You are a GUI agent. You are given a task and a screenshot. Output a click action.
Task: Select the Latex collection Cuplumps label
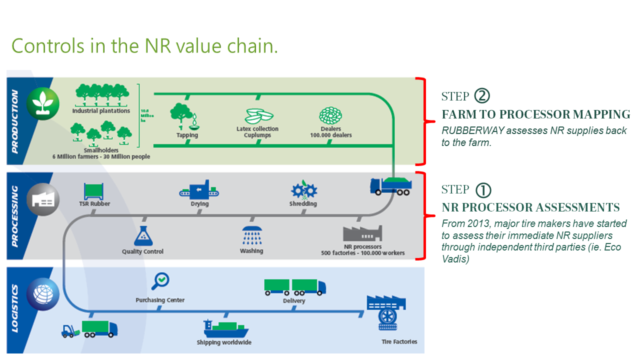click(257, 132)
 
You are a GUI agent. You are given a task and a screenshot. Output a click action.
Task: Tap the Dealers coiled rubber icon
click(330, 116)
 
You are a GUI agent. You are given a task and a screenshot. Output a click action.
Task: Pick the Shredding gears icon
click(303, 190)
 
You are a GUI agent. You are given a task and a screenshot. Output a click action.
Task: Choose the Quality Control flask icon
click(142, 235)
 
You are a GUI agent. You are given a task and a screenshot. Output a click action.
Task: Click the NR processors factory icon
click(362, 233)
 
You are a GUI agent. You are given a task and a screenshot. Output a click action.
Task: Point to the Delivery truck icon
click(294, 286)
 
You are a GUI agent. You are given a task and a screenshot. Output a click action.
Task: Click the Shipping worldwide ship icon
click(225, 329)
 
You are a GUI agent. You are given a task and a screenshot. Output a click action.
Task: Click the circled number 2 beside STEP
click(482, 95)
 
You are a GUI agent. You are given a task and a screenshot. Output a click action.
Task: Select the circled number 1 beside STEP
click(482, 189)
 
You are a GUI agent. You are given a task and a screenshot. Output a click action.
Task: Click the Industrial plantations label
click(101, 110)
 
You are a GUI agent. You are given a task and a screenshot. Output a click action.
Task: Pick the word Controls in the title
click(48, 46)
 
